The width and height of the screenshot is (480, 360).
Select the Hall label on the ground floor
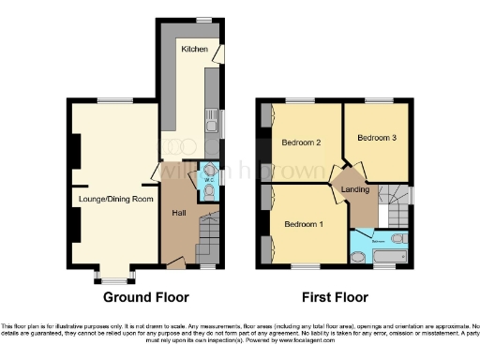(178, 214)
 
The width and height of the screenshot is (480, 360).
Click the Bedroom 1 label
(304, 224)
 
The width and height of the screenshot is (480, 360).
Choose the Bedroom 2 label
(302, 142)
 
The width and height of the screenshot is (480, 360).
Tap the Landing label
(353, 190)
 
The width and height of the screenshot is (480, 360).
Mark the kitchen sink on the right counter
(214, 123)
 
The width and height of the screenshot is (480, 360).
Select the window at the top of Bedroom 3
(378, 99)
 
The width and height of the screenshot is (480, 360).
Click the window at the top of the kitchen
(203, 19)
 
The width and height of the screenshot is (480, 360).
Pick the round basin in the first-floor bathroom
(358, 257)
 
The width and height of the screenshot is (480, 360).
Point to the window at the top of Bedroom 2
(300, 99)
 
